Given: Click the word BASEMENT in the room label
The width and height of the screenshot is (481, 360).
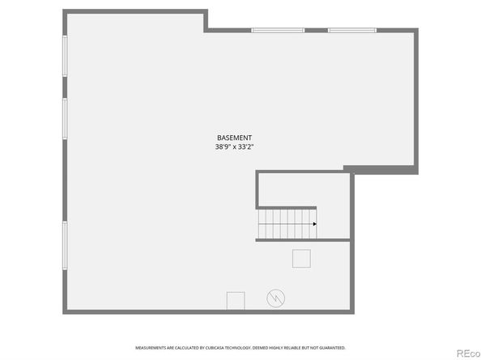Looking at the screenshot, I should point(235,138).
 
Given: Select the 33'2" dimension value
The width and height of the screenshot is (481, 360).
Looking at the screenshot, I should point(247,147).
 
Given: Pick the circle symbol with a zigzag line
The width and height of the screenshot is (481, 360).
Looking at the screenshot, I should point(276,299).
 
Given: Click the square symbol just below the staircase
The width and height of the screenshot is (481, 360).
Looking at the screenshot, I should point(301,258).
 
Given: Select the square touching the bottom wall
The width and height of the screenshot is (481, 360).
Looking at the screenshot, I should point(236,301).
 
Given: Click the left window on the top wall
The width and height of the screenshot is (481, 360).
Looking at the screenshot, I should point(277,31).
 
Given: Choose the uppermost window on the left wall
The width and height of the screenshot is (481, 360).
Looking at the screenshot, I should point(66,56).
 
